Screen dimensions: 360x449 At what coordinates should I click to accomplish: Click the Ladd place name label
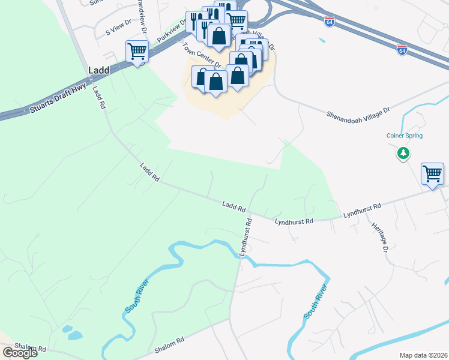pyautogui.click(x=99, y=70)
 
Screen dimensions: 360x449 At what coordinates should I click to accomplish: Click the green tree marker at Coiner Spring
pyautogui.click(x=404, y=154)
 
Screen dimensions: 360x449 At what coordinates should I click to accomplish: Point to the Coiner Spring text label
pyautogui.click(x=405, y=136)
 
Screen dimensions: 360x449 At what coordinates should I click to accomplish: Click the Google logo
pyautogui.click(x=20, y=353)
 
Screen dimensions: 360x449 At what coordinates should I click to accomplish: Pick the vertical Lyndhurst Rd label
pyautogui.click(x=246, y=238)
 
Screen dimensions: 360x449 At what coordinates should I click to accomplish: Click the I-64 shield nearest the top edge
pyautogui.click(x=330, y=21)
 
